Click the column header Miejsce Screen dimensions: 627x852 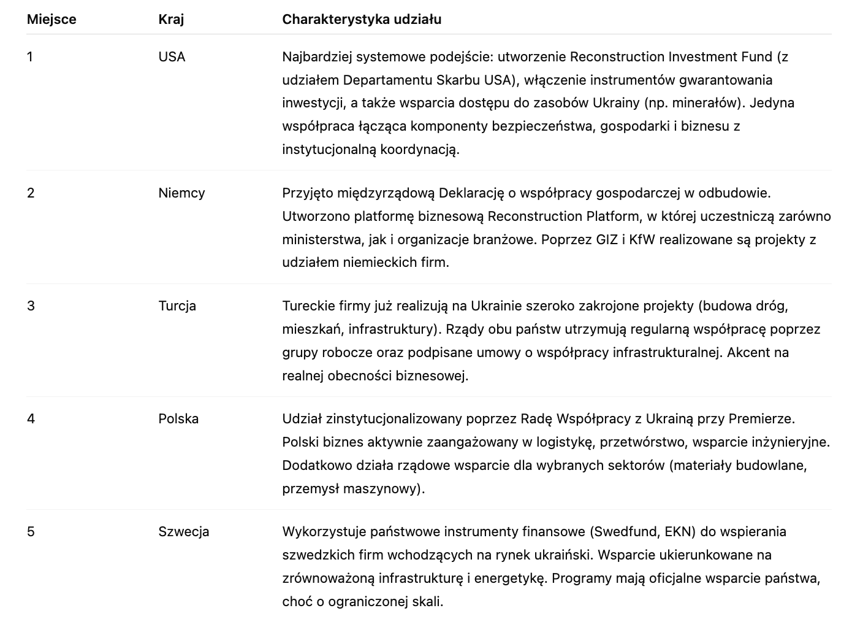[x=51, y=20]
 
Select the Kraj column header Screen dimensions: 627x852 [x=171, y=20]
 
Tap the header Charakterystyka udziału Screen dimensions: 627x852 [x=362, y=20]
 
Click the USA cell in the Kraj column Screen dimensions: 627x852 [x=172, y=57]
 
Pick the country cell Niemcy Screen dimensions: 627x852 [x=181, y=193]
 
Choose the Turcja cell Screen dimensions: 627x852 [x=177, y=306]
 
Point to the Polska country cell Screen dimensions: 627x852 [x=178, y=419]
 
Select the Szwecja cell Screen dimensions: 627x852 [x=183, y=532]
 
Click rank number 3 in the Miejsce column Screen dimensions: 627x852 [x=31, y=306]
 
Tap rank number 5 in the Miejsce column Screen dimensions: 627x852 [x=31, y=532]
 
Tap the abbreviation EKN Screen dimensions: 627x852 [x=679, y=532]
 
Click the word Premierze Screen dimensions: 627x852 [x=761, y=419]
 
